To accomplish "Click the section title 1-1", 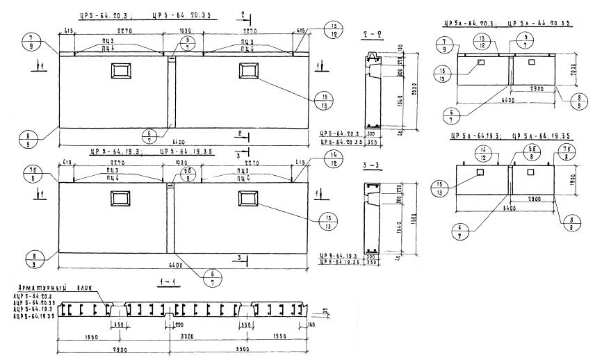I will [165, 282].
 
